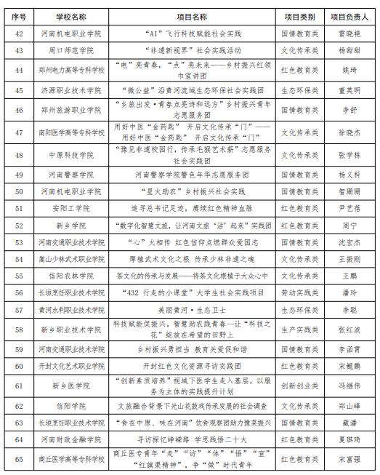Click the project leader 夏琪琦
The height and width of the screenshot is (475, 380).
point(349,439)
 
